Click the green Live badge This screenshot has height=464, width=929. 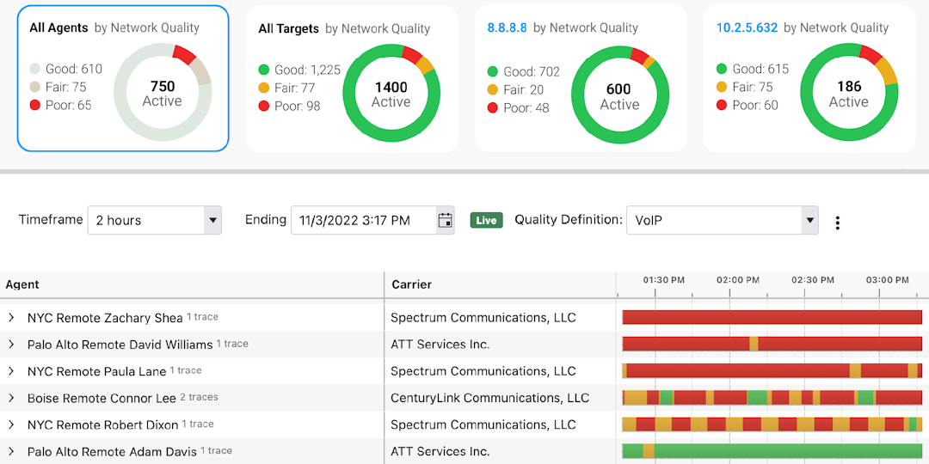click(486, 220)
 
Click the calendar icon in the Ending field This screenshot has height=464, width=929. click(445, 220)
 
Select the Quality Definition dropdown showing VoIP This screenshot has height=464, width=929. click(722, 220)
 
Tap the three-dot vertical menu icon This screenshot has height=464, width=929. click(837, 223)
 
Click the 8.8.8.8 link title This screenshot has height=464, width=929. click(507, 27)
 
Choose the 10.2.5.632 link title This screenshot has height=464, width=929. click(747, 27)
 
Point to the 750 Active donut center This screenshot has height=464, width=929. click(162, 94)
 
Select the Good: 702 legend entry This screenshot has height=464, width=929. click(523, 72)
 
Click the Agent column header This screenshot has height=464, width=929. click(22, 284)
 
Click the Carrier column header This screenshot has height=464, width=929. click(411, 284)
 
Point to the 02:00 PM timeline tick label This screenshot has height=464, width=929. click(738, 280)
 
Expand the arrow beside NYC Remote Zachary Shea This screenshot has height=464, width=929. click(11, 318)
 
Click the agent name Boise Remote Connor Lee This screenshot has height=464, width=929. click(102, 398)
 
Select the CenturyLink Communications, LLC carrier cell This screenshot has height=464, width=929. click(489, 398)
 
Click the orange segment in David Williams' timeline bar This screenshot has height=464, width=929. click(754, 344)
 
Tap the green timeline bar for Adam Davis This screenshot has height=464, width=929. click(783, 451)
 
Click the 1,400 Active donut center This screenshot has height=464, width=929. click(391, 95)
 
